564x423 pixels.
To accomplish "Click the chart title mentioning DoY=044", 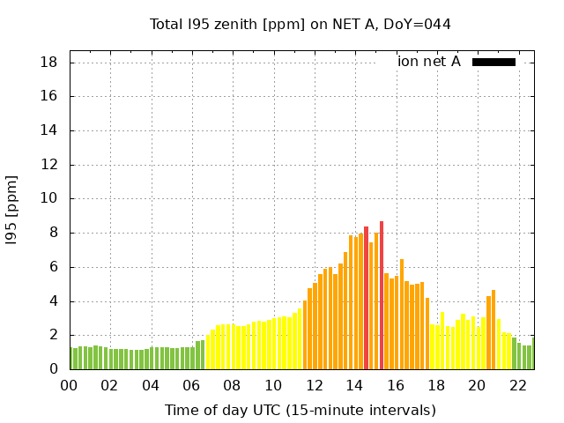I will [x=301, y=25].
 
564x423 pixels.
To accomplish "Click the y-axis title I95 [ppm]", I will [x=12, y=209].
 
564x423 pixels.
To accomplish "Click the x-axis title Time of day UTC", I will [x=300, y=410].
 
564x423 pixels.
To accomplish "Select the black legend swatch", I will [x=493, y=62].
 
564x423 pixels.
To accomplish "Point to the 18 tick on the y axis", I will [x=49, y=63].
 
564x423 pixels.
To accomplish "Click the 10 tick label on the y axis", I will [x=49, y=199].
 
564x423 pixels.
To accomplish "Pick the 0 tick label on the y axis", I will [x=54, y=369].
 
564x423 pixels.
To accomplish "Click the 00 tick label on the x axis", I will [x=69, y=385].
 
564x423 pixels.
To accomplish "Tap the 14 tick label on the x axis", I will [x=354, y=385].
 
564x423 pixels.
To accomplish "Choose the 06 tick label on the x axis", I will [x=191, y=385].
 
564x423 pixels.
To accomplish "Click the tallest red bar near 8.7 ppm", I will [x=382, y=295].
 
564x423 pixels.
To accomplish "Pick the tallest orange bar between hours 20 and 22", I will [x=493, y=330].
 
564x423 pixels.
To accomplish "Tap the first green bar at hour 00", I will [x=70, y=359].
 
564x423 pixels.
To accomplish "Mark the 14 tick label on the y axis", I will [x=49, y=130].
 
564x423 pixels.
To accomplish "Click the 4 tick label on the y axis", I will [x=54, y=301].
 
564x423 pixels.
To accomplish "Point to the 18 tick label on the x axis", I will [x=436, y=385].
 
